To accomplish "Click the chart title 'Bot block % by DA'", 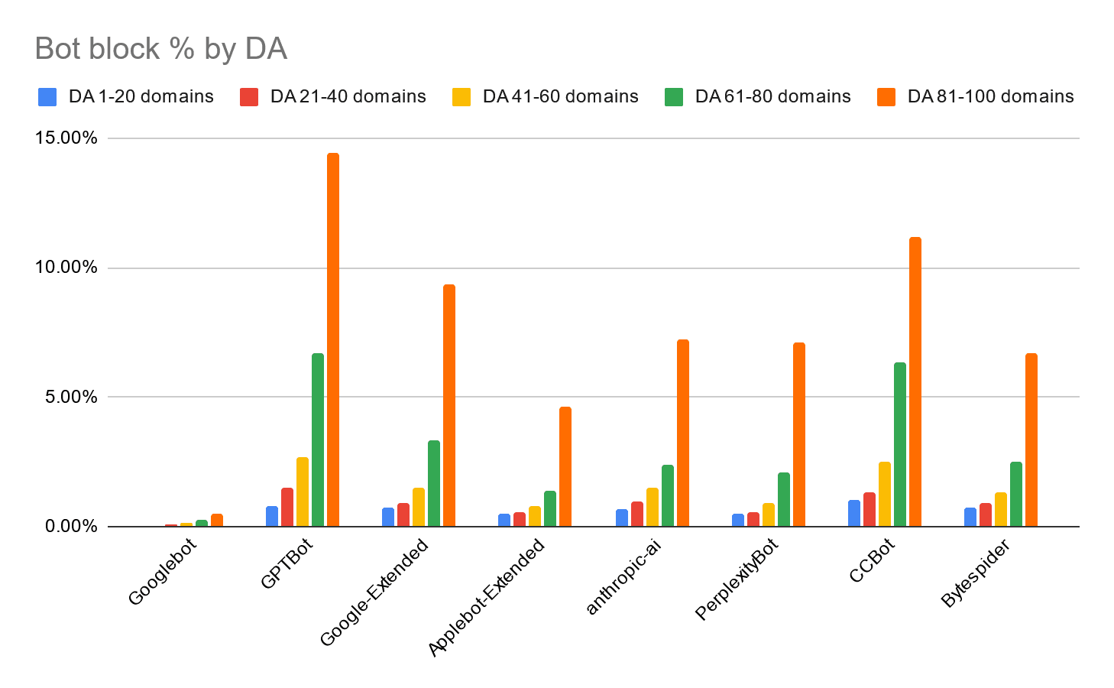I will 161,49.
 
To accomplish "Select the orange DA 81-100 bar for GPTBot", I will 333,339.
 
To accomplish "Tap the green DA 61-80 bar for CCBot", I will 900,444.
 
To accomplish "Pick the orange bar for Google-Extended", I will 449,405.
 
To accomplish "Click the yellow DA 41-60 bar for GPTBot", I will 303,492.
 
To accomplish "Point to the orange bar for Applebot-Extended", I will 565,466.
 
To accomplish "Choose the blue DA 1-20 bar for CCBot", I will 854,513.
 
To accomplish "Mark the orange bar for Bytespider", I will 1031,440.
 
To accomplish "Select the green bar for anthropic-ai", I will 668,495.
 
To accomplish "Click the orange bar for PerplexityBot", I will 799,434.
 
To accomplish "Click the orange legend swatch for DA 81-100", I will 886,97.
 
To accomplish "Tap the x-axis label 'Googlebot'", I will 162,572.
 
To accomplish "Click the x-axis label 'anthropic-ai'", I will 623,576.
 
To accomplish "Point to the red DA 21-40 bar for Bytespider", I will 986,514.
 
